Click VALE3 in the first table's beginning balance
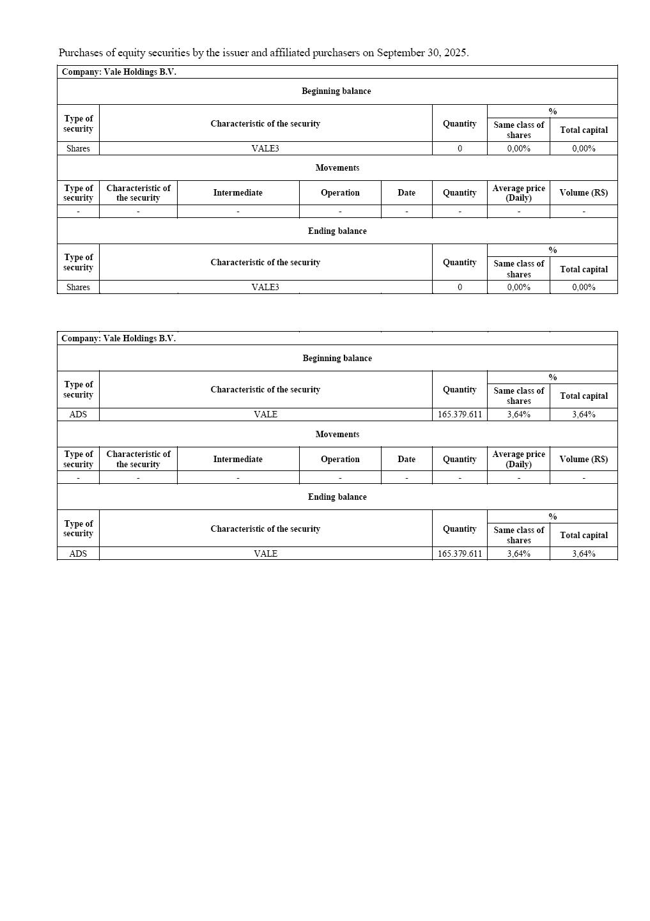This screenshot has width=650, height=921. pos(265,148)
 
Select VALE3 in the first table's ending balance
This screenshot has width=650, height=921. pos(265,287)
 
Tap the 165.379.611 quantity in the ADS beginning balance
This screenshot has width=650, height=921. pos(460,414)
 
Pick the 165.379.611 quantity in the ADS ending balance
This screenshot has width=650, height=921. pos(460,553)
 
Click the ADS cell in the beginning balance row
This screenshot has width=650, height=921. pos(78,414)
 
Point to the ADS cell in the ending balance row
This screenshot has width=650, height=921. pos(78,553)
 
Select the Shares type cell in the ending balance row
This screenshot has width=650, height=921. pos(78,287)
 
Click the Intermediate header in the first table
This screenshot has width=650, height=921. pos(238,192)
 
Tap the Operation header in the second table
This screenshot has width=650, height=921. pos(340,459)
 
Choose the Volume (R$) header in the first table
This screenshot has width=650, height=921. pos(584,192)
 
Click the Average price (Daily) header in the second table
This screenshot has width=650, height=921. pos(518,459)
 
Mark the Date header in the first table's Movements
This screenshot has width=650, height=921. pos(406,192)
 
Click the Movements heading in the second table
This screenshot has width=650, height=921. pos(337,434)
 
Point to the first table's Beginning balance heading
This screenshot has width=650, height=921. pos(336,91)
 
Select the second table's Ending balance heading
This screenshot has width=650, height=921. pos(337,497)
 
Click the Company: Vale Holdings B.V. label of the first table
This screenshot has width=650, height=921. pos(119,72)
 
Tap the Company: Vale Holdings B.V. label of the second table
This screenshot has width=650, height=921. pos(119,338)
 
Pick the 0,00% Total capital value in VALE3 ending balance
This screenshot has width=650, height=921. pos(584,287)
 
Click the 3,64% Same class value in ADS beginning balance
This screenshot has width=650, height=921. pos(518,414)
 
